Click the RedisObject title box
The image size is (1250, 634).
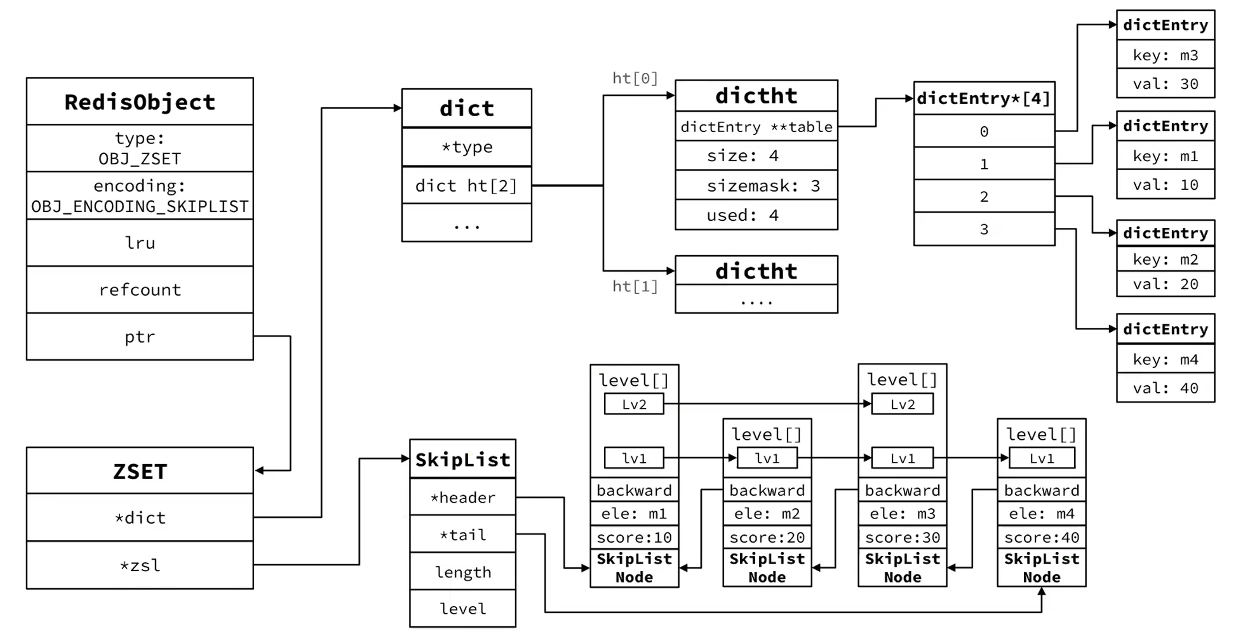[x=140, y=102]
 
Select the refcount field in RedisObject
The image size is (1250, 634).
[x=140, y=289]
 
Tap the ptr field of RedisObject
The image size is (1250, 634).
[x=140, y=336]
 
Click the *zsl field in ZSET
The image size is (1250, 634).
[x=140, y=565]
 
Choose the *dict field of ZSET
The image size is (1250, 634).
[x=140, y=517]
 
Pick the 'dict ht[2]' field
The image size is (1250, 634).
[x=466, y=185]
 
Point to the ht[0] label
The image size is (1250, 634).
[x=635, y=78]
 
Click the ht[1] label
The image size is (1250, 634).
[x=635, y=286]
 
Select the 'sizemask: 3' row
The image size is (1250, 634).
[x=756, y=185]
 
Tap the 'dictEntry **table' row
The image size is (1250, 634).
[x=756, y=126]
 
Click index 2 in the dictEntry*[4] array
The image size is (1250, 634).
[x=984, y=196]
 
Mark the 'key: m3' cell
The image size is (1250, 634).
[x=1166, y=55]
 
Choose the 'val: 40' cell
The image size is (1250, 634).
[x=1166, y=388]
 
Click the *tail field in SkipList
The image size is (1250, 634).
[x=462, y=534]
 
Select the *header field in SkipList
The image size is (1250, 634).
[x=462, y=497]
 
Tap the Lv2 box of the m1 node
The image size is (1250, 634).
[x=634, y=404]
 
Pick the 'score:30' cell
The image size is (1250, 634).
[x=902, y=538]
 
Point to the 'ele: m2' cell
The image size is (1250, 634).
[x=767, y=513]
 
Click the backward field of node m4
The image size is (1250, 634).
[x=1041, y=490]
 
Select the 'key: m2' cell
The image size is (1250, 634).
[x=1166, y=259]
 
